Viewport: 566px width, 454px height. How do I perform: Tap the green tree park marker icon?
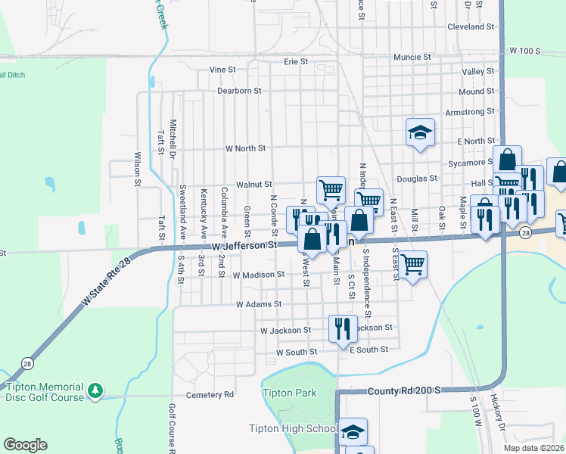[95, 390]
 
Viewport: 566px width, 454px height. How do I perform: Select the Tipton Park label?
[289, 393]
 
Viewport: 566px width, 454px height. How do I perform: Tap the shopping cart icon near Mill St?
[412, 264]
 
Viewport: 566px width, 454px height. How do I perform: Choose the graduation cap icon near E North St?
[420, 132]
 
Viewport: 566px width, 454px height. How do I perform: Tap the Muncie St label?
[412, 57]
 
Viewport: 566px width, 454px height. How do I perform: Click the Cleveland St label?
[471, 26]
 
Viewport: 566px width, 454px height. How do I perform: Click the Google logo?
[25, 445]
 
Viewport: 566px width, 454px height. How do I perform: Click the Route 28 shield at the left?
[26, 361]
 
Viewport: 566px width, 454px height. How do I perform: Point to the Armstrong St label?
[470, 112]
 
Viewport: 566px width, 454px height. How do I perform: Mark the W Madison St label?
[259, 275]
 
